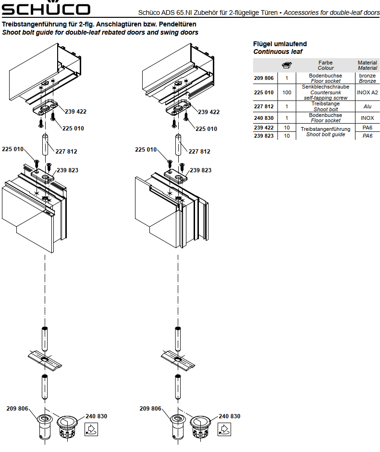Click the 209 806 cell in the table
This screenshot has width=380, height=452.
coord(264,78)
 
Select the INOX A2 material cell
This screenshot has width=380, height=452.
coord(368,92)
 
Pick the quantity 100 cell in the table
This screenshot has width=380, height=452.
coord(287,92)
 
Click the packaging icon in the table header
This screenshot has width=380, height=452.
coord(287,65)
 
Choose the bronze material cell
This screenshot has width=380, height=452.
coord(368,76)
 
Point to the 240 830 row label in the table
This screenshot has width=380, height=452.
coord(264,118)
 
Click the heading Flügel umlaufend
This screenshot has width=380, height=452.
coord(280,44)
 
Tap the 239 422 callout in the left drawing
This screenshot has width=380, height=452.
coord(75,112)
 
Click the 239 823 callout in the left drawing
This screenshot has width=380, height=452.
coord(67,170)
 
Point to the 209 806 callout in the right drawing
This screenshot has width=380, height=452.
coord(150,409)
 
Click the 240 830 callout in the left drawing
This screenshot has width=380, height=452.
coord(96,416)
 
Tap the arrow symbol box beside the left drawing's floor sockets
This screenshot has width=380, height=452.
coord(91,429)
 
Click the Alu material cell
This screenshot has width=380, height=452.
coord(368,106)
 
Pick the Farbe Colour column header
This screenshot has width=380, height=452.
coord(325,65)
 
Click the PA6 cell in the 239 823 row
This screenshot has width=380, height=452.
coord(368,136)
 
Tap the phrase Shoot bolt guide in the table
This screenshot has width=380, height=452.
coord(325,135)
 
